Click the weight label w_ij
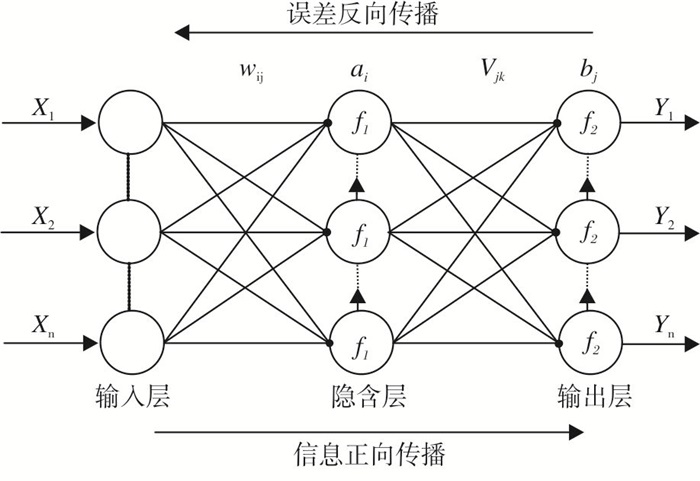click(x=252, y=72)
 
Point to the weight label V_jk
click(x=493, y=71)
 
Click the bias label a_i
click(x=359, y=71)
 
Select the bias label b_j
click(x=588, y=71)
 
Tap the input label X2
click(x=43, y=218)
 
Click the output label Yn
click(x=665, y=327)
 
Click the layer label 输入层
click(x=133, y=396)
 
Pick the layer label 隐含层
click(x=369, y=396)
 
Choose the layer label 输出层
click(x=594, y=396)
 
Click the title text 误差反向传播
click(x=362, y=13)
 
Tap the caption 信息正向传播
click(x=369, y=454)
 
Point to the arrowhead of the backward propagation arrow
click(x=175, y=33)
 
